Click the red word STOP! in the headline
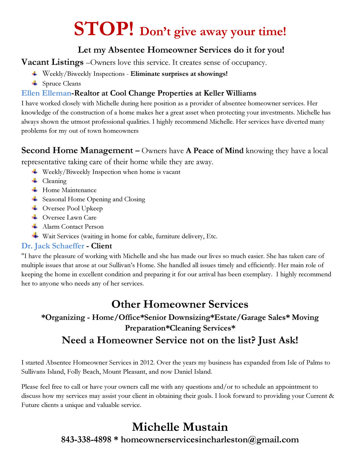pyautogui.click(x=103, y=29)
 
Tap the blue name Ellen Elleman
pyautogui.click(x=46, y=93)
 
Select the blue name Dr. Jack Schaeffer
pyautogui.click(x=53, y=246)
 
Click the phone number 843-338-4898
pyautogui.click(x=86, y=440)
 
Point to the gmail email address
pyautogui.click(x=210, y=440)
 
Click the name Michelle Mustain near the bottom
pyautogui.click(x=180, y=427)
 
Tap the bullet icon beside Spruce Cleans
pyautogui.click(x=34, y=83)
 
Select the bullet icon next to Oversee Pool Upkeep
pyautogui.click(x=34, y=208)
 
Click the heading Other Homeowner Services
pyautogui.click(x=180, y=304)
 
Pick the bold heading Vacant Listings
pyautogui.click(x=52, y=62)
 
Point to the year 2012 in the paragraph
pyautogui.click(x=147, y=363)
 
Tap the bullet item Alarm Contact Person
pyautogui.click(x=73, y=227)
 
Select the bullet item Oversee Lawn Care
pyautogui.click(x=69, y=218)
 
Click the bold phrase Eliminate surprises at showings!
pyautogui.click(x=179, y=74)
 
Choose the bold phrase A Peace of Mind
pyautogui.click(x=214, y=151)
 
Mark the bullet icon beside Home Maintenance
pyautogui.click(x=34, y=190)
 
